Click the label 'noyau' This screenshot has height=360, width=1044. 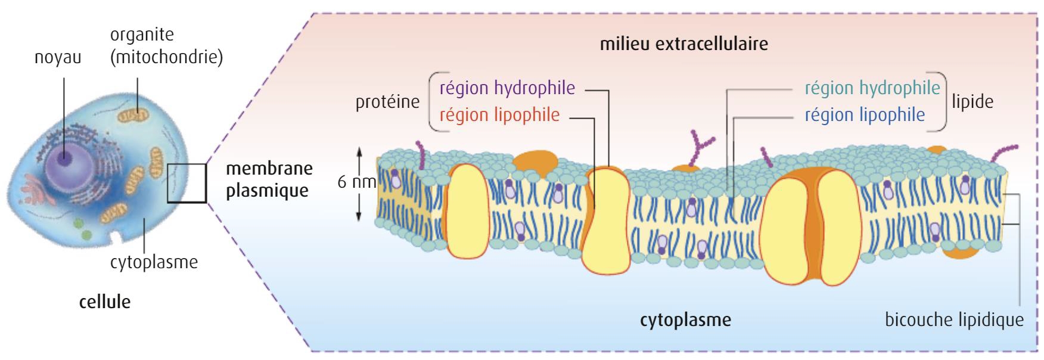point(58,58)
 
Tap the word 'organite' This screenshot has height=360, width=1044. point(142,34)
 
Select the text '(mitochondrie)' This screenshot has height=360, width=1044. point(166,58)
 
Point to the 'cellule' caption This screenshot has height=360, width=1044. point(105,302)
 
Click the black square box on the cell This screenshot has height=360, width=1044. point(187,183)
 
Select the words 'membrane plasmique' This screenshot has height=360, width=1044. point(269,179)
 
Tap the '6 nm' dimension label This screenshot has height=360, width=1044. point(356,182)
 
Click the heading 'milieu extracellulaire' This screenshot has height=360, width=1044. point(683,44)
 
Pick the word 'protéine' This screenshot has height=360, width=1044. point(387,102)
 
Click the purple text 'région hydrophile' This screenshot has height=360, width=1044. point(507,88)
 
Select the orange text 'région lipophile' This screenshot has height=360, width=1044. point(499,114)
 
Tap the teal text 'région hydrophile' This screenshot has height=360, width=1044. point(872,88)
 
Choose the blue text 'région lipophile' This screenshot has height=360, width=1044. point(865,114)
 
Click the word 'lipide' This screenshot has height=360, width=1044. point(973,102)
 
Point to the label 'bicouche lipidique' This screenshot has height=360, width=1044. point(954,320)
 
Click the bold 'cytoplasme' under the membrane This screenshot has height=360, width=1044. point(685,320)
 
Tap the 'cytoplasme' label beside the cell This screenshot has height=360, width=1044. point(154,262)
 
